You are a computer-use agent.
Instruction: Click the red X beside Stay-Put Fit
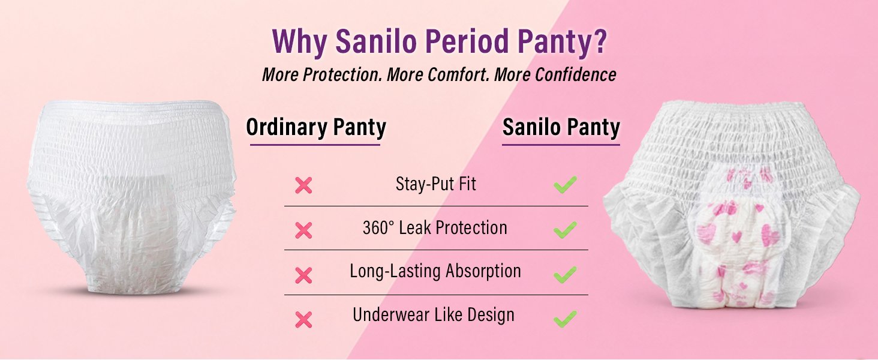(x=303, y=185)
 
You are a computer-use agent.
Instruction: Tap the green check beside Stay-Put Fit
(x=565, y=185)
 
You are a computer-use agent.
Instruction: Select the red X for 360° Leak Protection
(x=303, y=230)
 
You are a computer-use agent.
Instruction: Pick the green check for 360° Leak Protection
(x=565, y=229)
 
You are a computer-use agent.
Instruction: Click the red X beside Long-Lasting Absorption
(x=303, y=275)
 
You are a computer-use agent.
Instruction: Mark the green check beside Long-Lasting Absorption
(x=565, y=274)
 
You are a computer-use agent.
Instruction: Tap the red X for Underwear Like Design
(x=303, y=319)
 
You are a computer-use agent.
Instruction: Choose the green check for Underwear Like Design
(x=565, y=319)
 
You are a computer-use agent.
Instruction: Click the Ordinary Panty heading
(x=316, y=127)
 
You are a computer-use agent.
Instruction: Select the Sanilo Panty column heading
(x=561, y=127)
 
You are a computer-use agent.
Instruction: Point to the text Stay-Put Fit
(x=436, y=184)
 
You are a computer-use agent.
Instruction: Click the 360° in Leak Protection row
(x=378, y=227)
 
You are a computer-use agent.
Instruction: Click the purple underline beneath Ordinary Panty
(x=315, y=145)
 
